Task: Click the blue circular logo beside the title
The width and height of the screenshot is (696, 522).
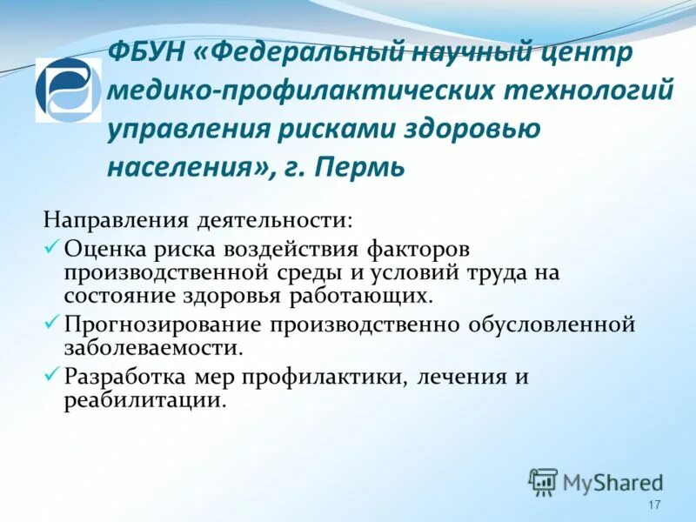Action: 68,90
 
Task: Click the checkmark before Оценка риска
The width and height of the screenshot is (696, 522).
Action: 52,248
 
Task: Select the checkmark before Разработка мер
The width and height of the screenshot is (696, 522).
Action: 52,375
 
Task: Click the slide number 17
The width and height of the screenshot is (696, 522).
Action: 655,506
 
